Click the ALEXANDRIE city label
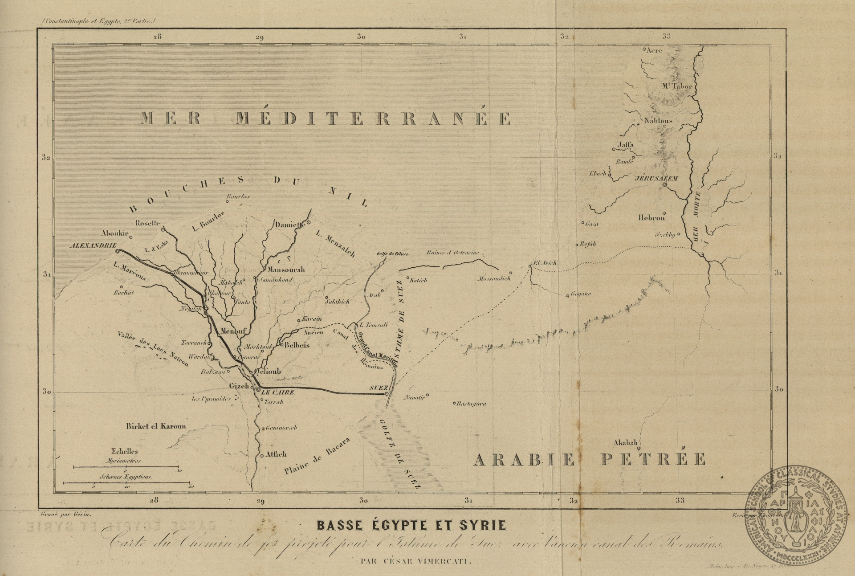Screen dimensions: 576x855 [x=93, y=245]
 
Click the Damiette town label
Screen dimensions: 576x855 [x=289, y=225]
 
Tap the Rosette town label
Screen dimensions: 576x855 [x=147, y=223]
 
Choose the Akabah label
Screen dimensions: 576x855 [x=626, y=443]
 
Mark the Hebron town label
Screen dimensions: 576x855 [x=651, y=218]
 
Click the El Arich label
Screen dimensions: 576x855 [x=544, y=263]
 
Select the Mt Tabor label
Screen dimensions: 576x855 [x=676, y=86]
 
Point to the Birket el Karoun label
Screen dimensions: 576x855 [x=155, y=426]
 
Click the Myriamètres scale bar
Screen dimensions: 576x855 [x=126, y=467]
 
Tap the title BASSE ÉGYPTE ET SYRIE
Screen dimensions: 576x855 [x=411, y=526]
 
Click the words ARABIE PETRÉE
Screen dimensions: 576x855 [x=589, y=459]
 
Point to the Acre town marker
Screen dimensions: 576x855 [x=644, y=49]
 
